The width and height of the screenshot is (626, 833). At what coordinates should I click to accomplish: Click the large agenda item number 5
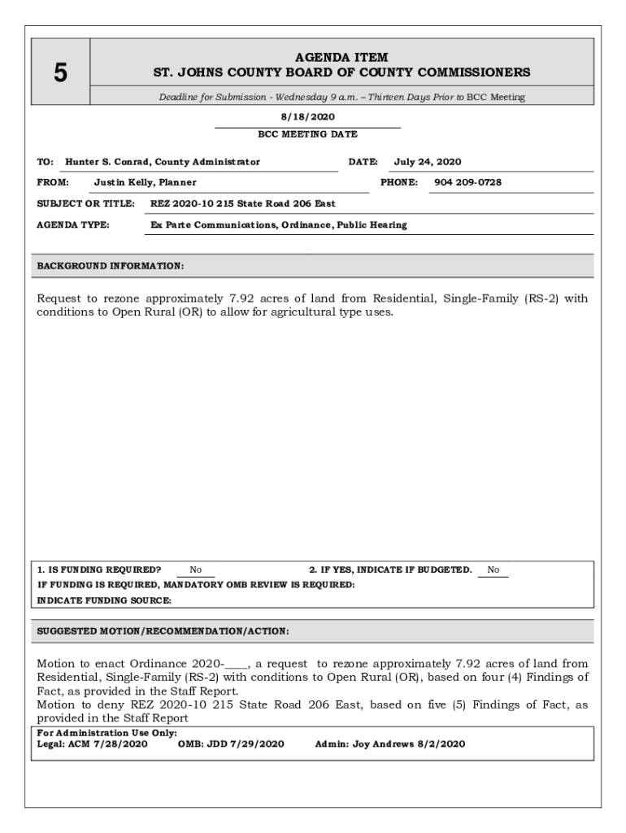60,73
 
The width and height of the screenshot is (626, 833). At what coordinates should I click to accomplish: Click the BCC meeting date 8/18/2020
307,117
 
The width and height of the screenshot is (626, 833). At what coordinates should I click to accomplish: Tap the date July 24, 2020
428,162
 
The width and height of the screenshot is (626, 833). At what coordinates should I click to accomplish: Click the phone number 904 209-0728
467,182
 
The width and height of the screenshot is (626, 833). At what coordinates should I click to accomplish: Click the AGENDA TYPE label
74,225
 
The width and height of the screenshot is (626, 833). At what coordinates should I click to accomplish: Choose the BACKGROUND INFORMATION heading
111,266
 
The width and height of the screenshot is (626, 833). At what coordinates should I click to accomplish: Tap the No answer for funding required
196,570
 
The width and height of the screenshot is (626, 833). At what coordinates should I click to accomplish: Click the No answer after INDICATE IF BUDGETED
493,570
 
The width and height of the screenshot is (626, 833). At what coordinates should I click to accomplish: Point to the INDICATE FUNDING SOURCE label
104,600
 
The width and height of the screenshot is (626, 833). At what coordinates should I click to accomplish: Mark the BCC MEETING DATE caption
307,134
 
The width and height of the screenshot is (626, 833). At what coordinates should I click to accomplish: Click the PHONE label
399,182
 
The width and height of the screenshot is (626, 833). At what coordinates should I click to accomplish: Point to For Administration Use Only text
96,733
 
